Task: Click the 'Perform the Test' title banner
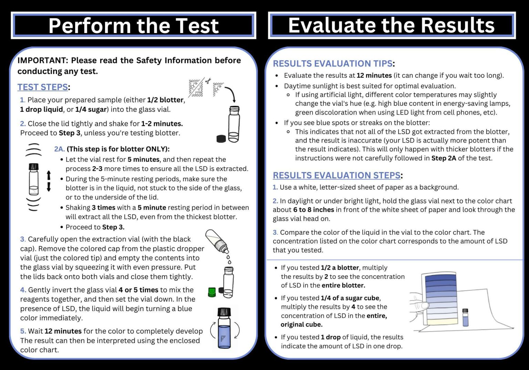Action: coord(133,26)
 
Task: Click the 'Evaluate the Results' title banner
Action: coord(391,25)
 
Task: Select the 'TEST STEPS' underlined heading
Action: coord(43,87)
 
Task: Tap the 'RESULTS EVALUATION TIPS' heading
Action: coord(332,64)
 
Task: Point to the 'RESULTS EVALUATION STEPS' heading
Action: coord(336,175)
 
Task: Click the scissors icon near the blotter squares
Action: coord(208,81)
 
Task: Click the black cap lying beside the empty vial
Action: coord(221,138)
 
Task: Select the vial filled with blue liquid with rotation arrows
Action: coord(224,328)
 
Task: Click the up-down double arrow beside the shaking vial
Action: coord(49,181)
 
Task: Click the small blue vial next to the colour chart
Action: coord(465,317)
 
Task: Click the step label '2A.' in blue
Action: coord(59,149)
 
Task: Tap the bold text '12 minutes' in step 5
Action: coord(63,331)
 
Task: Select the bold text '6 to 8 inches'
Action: coord(313,210)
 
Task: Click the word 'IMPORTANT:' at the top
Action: coord(43,61)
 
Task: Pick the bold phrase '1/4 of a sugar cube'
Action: coord(350,298)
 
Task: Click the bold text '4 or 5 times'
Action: coord(138,290)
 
